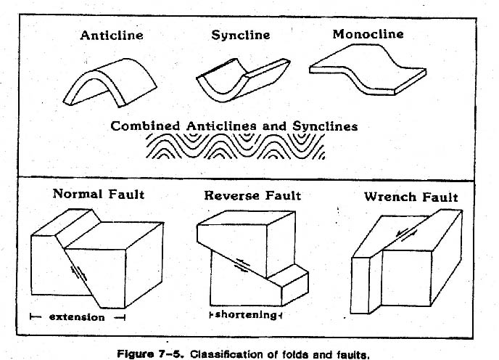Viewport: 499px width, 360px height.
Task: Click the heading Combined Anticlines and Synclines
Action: point(234,126)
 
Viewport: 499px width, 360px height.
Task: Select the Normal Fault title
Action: point(98,194)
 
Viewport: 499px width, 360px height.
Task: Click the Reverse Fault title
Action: point(252,195)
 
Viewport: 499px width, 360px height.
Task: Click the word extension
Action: point(78,316)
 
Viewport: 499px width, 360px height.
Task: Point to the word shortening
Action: point(244,315)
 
